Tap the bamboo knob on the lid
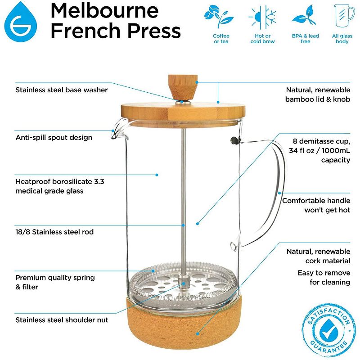[x=180, y=86]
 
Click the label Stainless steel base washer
[x=62, y=90]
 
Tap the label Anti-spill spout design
[x=54, y=137]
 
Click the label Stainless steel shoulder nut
[x=62, y=320]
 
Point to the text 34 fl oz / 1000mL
[x=319, y=151]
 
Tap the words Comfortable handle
[x=316, y=201]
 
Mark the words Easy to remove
[x=324, y=273]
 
